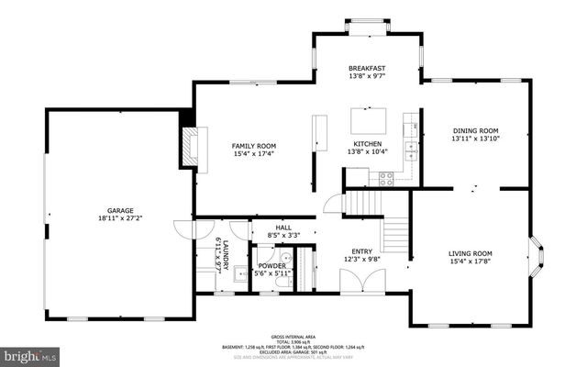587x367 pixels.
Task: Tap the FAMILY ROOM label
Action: click(253, 146)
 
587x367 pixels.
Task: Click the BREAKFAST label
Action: click(365, 69)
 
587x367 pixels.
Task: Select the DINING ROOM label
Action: click(475, 130)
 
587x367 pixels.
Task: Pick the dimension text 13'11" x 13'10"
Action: click(475, 139)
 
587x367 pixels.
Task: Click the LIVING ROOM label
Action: click(470, 253)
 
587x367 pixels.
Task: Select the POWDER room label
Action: click(271, 265)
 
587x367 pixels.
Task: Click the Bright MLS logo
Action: click(29, 353)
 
